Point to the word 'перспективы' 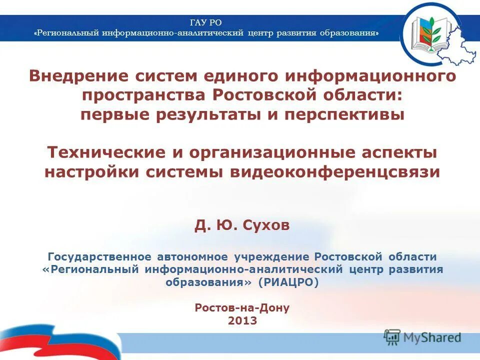344,114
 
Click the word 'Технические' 99,152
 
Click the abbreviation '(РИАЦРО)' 288,282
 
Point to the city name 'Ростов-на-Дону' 242,307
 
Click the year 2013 242,320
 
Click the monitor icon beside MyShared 392,337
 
